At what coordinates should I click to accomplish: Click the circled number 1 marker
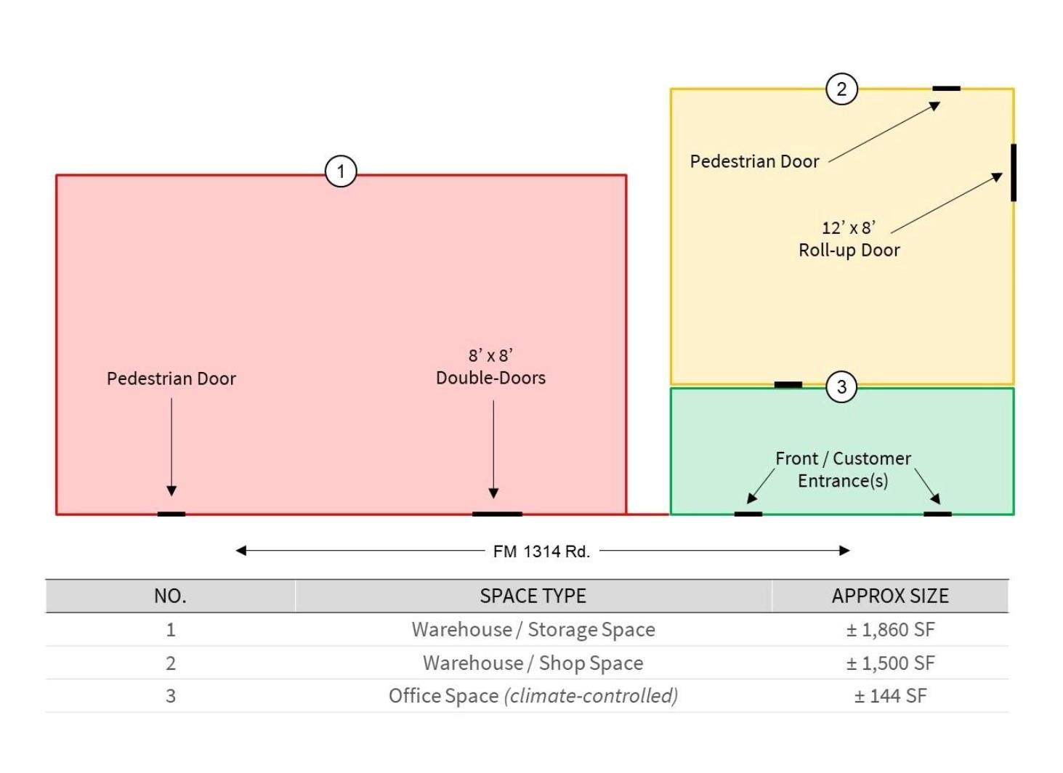coord(341,172)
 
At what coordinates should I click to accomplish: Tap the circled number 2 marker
coord(841,89)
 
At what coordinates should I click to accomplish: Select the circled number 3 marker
coord(841,386)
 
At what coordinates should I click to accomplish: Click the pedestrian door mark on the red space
coord(171,514)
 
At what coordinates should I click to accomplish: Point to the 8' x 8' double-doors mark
coord(497,514)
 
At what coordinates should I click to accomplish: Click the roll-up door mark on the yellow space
coord(1013,172)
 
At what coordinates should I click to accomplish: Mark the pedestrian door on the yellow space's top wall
coord(946,89)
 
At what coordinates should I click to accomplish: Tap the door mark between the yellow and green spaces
coord(788,384)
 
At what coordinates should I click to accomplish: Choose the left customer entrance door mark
coord(748,514)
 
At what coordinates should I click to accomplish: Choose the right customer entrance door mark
coord(937,514)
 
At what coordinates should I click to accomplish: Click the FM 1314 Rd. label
coord(541,551)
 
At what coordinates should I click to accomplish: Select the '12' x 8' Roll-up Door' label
coord(849,239)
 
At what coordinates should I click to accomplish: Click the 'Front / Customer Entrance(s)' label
coord(843,469)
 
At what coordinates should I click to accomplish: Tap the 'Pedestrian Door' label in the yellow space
coord(754,161)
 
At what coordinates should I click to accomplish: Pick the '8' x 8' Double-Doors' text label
coord(490,367)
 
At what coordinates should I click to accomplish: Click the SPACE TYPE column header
coord(533,596)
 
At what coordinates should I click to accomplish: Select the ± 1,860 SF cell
coord(890,629)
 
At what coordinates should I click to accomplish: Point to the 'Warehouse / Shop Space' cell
coord(533,663)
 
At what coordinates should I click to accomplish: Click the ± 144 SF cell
coord(890,696)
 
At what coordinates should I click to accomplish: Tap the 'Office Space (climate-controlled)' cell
coord(533,696)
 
